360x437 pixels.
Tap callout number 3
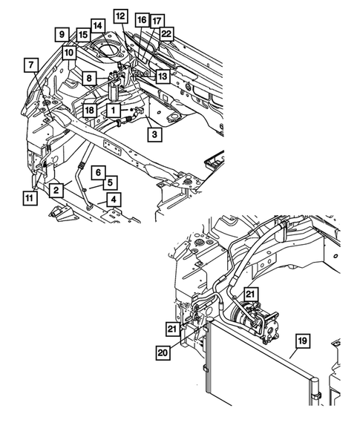[153, 134]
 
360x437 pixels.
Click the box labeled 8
[88, 78]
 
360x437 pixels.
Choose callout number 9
[62, 33]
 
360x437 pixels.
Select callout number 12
[120, 15]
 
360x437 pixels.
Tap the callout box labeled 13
[162, 76]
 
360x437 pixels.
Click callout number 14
[98, 26]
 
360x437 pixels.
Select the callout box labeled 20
[163, 352]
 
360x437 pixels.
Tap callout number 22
[167, 33]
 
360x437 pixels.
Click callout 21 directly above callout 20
[171, 329]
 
